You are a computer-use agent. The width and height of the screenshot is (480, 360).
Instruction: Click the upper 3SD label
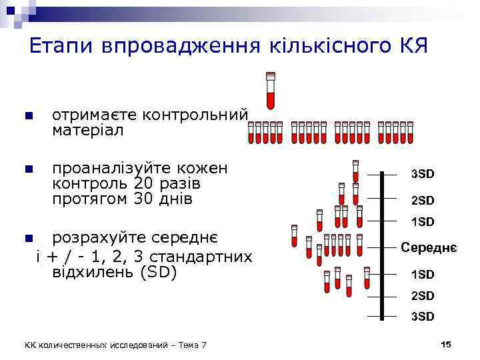coord(422,174)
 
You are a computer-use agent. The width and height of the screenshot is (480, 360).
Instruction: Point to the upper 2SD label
coord(422,200)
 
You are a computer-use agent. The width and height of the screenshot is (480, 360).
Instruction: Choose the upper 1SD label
coord(422,221)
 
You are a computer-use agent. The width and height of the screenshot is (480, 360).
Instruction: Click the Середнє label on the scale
coord(428,247)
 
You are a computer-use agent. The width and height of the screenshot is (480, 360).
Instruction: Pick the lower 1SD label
coord(422,274)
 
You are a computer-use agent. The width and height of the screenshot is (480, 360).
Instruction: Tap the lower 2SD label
coord(422,295)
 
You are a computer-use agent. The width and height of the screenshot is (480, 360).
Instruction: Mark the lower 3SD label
coord(422,316)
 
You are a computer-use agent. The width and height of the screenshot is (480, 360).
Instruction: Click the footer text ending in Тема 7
coord(115,345)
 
